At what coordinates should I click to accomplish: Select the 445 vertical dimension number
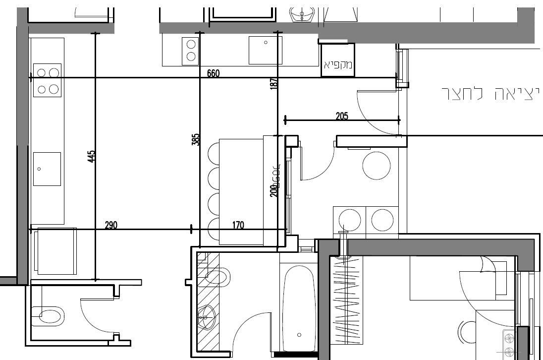[x=91, y=157]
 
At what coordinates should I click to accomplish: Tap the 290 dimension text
[x=111, y=225]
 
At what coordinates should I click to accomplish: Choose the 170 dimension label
[x=238, y=225]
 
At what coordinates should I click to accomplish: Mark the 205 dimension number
[x=342, y=117]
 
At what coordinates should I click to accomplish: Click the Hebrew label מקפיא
[x=338, y=64]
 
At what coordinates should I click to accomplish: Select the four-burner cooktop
[x=47, y=80]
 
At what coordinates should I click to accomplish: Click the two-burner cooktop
[x=191, y=51]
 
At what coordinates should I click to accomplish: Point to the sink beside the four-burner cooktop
[x=47, y=169]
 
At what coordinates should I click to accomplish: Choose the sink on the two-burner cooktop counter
[x=266, y=50]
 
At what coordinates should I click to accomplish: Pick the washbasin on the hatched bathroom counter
[x=207, y=313]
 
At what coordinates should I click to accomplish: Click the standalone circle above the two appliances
[x=377, y=166]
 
